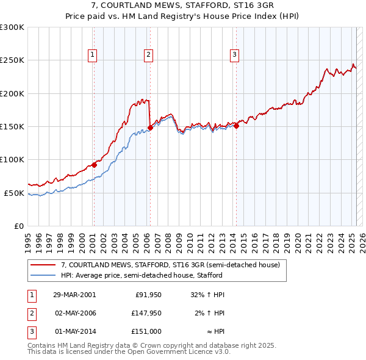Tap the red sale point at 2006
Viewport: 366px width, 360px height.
tap(150, 128)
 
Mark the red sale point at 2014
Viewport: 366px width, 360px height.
tap(236, 126)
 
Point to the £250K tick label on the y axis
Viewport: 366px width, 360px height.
tap(12, 60)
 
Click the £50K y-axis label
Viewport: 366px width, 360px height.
tap(15, 193)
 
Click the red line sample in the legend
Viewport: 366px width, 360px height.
tap(43, 265)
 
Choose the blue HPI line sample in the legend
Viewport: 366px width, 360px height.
tap(43, 275)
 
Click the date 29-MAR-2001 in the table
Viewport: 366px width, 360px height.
tap(74, 294)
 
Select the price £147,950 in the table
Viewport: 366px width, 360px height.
tap(145, 313)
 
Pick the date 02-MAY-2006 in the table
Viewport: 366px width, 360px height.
tap(75, 313)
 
